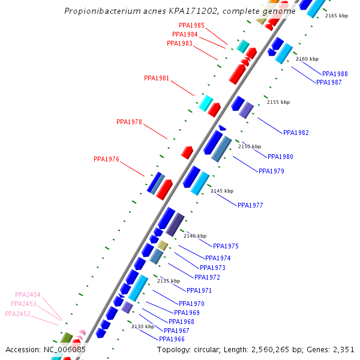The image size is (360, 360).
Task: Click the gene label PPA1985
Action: pos(191,26)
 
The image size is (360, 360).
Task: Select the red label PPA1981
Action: pos(157,79)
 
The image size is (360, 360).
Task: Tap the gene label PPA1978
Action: pos(129,122)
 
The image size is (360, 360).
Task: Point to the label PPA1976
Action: pos(106,160)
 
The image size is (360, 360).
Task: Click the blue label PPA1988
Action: pos(335,74)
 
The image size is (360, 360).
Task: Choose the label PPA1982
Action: pos(296,133)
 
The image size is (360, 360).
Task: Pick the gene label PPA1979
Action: pos(271,172)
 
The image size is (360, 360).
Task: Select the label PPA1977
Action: pos(250,205)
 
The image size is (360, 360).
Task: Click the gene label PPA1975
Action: pos(226,246)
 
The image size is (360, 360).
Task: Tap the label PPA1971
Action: pos(199,290)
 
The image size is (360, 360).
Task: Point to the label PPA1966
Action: pos(172,339)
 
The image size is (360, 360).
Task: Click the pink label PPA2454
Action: pos(28,295)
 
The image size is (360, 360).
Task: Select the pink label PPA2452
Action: pos(17,314)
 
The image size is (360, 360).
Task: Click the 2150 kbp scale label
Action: pos(250,146)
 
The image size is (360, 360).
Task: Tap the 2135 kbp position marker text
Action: pos(169,281)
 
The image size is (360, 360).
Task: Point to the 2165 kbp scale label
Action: pos(337,16)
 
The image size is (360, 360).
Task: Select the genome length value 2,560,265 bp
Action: pos(282,349)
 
